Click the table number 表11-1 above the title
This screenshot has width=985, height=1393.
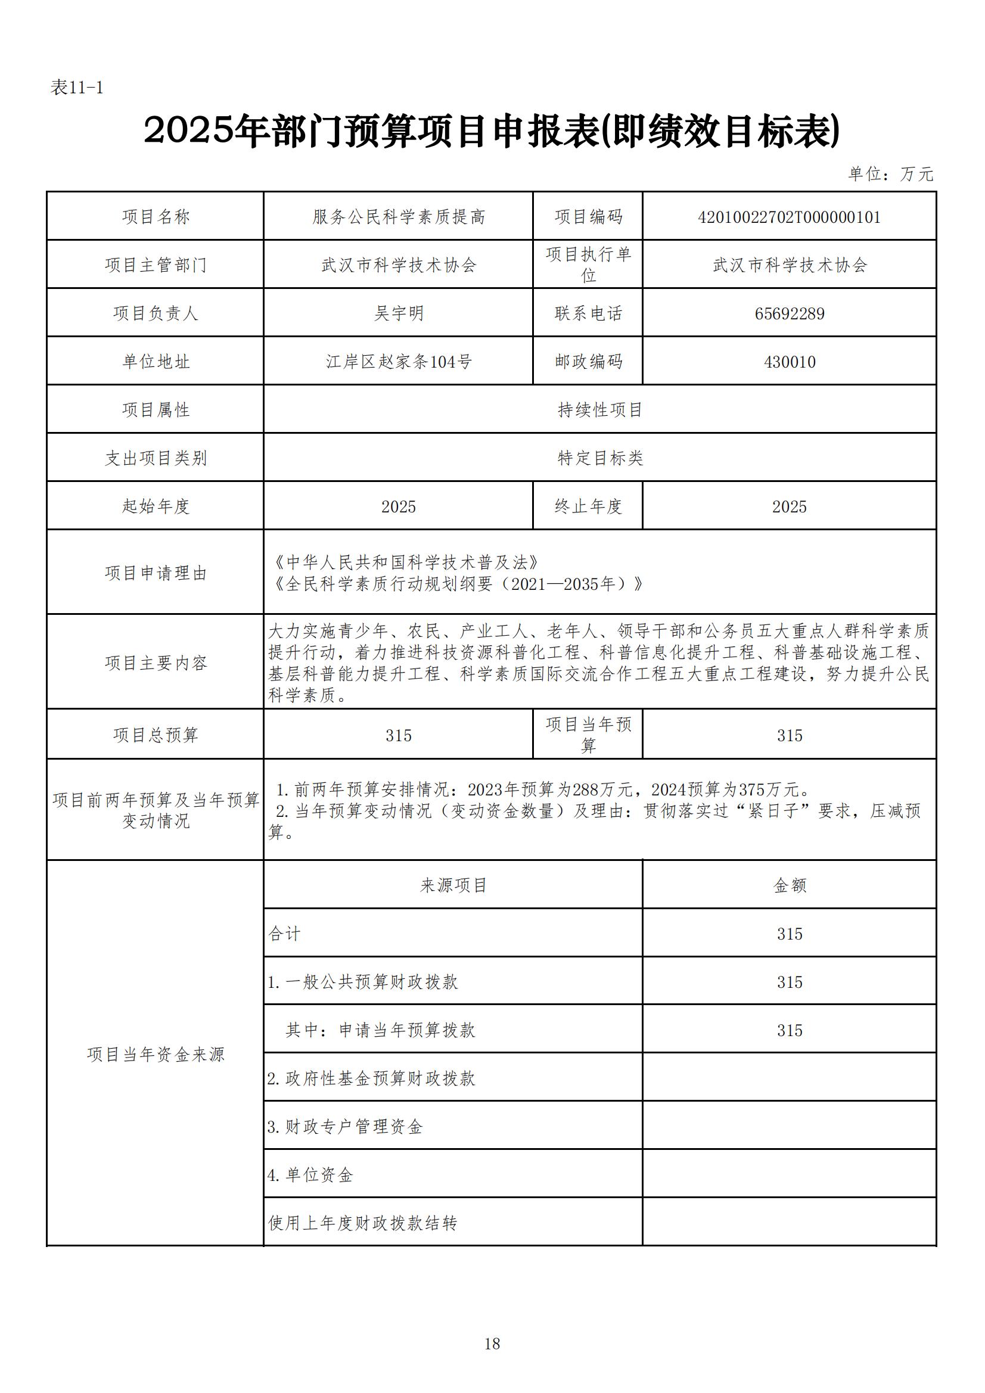76,88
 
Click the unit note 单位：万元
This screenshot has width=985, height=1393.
890,174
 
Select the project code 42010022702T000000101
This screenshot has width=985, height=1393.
789,217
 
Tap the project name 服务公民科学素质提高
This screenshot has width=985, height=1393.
398,217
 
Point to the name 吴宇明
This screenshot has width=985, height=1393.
398,313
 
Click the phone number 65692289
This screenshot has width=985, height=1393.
789,313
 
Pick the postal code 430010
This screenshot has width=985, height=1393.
789,362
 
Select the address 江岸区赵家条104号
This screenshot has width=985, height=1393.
398,362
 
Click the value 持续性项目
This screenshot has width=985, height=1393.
599,410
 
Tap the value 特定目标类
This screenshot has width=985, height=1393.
599,458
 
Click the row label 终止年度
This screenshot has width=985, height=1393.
588,506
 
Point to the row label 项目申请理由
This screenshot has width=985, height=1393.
156,573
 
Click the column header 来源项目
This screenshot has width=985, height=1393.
453,886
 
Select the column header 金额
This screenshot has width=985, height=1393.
789,886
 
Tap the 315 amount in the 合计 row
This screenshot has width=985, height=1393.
789,934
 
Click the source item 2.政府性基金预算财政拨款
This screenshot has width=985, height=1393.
371,1078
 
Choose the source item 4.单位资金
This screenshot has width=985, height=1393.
310,1175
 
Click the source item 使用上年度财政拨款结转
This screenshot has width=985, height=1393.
362,1223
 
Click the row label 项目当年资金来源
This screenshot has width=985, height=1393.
156,1055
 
